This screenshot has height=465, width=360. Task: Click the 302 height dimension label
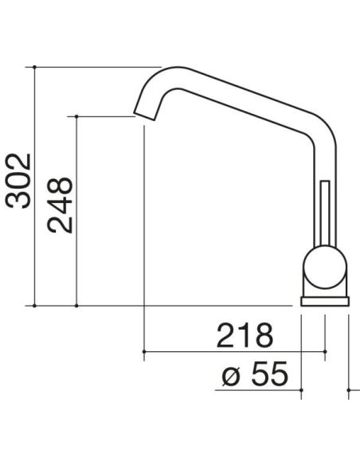[18, 181]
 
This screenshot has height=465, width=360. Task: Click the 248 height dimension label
[60, 205]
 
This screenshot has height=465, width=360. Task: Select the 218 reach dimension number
[245, 335]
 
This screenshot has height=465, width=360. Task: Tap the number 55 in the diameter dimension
[270, 373]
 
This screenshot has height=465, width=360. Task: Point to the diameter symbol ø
[231, 377]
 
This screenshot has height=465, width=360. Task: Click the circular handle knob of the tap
[325, 267]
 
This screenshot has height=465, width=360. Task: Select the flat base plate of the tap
[325, 301]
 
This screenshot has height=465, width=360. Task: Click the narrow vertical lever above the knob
[325, 213]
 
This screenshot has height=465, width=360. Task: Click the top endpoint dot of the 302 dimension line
[34, 67]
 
